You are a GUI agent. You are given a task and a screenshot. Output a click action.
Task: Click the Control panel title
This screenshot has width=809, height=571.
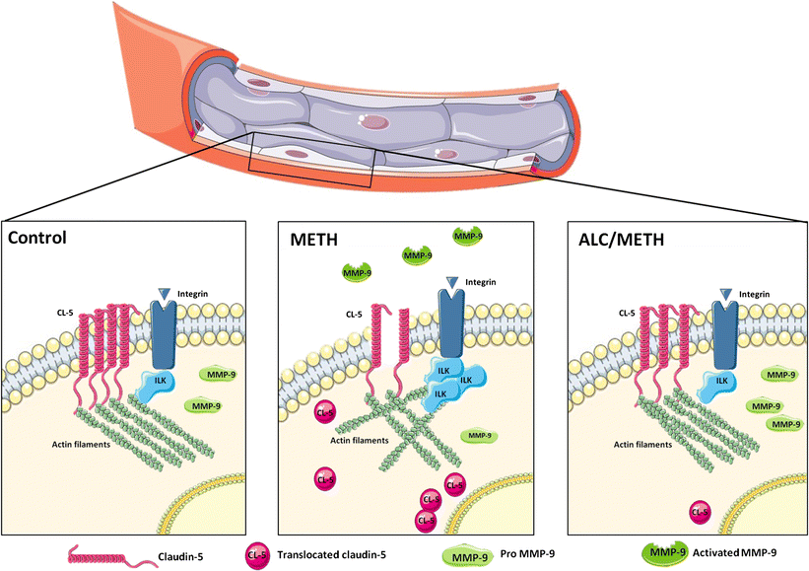click(37, 238)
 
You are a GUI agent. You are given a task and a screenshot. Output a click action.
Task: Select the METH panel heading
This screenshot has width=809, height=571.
click(314, 240)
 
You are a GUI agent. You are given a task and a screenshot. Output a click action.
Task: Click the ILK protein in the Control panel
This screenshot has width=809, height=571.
click(156, 386)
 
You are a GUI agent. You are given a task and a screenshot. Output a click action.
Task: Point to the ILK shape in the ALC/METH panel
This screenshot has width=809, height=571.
click(717, 386)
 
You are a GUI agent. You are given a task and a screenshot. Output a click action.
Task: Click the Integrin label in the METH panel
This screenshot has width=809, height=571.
click(480, 282)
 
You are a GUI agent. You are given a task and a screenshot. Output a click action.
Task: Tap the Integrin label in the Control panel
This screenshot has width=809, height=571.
click(192, 294)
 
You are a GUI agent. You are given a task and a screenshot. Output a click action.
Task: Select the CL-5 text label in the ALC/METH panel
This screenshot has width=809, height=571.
click(627, 313)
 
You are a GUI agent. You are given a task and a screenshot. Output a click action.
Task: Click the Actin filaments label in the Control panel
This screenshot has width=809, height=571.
click(81, 444)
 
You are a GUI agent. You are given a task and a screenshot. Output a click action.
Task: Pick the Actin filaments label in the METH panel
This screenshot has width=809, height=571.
click(359, 441)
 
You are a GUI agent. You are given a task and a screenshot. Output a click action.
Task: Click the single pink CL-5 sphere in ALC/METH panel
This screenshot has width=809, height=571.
click(701, 513)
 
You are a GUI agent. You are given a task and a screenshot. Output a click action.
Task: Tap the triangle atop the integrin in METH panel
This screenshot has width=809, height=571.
click(452, 282)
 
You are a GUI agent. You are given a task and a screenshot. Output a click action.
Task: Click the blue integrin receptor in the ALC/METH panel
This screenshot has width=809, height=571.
click(725, 333)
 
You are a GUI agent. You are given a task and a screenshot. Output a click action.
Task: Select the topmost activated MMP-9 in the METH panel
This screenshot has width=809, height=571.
click(468, 237)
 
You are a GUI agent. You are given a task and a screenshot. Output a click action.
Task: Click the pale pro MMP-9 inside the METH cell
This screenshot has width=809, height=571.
click(479, 436)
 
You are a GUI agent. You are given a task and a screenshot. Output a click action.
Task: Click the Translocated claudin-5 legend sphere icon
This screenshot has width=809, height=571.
click(257, 555)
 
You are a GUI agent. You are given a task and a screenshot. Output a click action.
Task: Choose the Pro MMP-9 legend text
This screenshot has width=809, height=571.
click(527, 554)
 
